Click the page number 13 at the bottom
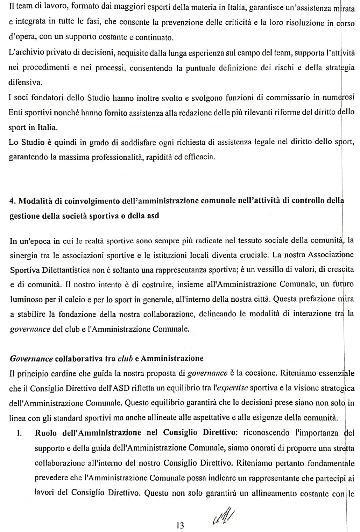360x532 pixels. (x=180, y=525)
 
